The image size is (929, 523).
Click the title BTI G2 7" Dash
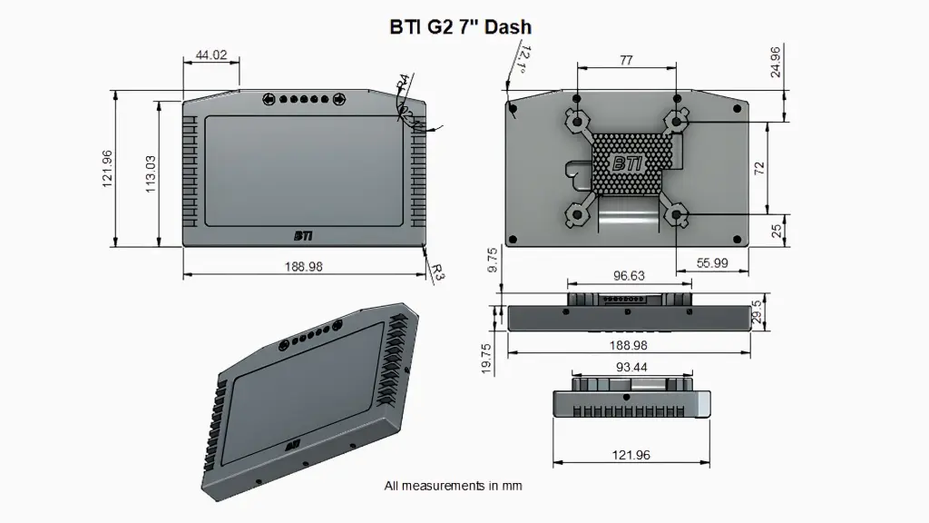point(460,27)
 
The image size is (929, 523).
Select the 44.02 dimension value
point(210,55)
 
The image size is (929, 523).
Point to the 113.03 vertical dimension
point(151,173)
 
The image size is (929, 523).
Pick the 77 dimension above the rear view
point(626,61)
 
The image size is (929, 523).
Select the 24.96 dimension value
point(776,61)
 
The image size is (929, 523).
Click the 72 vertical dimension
point(759,168)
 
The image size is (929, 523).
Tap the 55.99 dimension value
point(713,262)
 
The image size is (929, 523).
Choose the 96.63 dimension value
point(629,275)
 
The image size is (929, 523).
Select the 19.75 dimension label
point(487,359)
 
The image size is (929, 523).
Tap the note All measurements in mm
point(453,486)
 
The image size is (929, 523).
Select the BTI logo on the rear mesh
point(627,164)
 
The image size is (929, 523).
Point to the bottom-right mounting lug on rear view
point(676,215)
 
